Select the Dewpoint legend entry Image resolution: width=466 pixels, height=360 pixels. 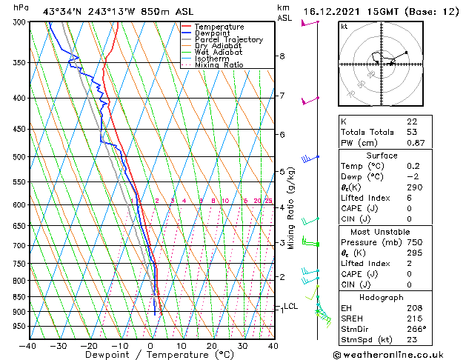click(x=213, y=33)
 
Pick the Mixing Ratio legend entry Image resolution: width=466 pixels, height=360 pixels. click(x=219, y=65)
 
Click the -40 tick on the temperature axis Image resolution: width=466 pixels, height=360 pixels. click(x=27, y=345)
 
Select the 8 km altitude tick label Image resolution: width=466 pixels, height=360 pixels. click(x=282, y=56)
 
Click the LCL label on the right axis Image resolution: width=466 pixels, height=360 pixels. click(x=290, y=306)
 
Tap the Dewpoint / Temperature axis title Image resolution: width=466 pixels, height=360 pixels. click(x=150, y=355)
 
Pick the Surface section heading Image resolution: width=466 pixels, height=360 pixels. click(x=396, y=156)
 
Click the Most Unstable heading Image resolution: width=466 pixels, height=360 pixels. click(x=396, y=231)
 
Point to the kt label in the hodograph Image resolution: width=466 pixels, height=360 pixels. click(x=344, y=26)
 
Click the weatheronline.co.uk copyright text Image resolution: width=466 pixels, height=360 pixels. click(x=397, y=354)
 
